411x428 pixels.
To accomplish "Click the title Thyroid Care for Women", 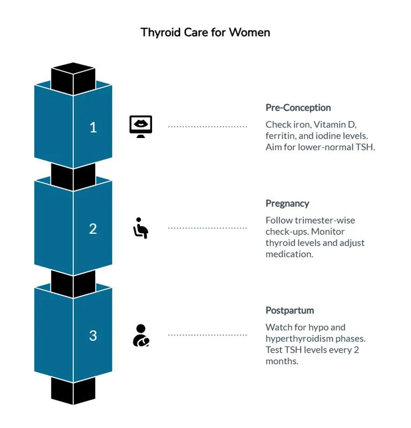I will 205,33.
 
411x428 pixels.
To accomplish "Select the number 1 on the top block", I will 93,127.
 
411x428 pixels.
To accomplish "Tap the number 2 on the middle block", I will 93,228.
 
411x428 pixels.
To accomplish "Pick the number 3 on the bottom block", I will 93,335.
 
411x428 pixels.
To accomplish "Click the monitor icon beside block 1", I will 141,126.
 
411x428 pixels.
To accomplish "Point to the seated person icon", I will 141,228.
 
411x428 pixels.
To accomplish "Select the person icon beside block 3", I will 141,335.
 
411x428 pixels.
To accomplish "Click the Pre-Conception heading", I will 298,108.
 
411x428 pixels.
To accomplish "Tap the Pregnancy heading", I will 287,204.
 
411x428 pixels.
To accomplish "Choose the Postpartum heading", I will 290,311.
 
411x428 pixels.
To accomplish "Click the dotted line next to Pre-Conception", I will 208,127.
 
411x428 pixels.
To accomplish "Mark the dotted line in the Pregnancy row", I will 208,228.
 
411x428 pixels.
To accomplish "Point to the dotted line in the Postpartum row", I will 208,335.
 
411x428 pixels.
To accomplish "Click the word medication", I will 289,254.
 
